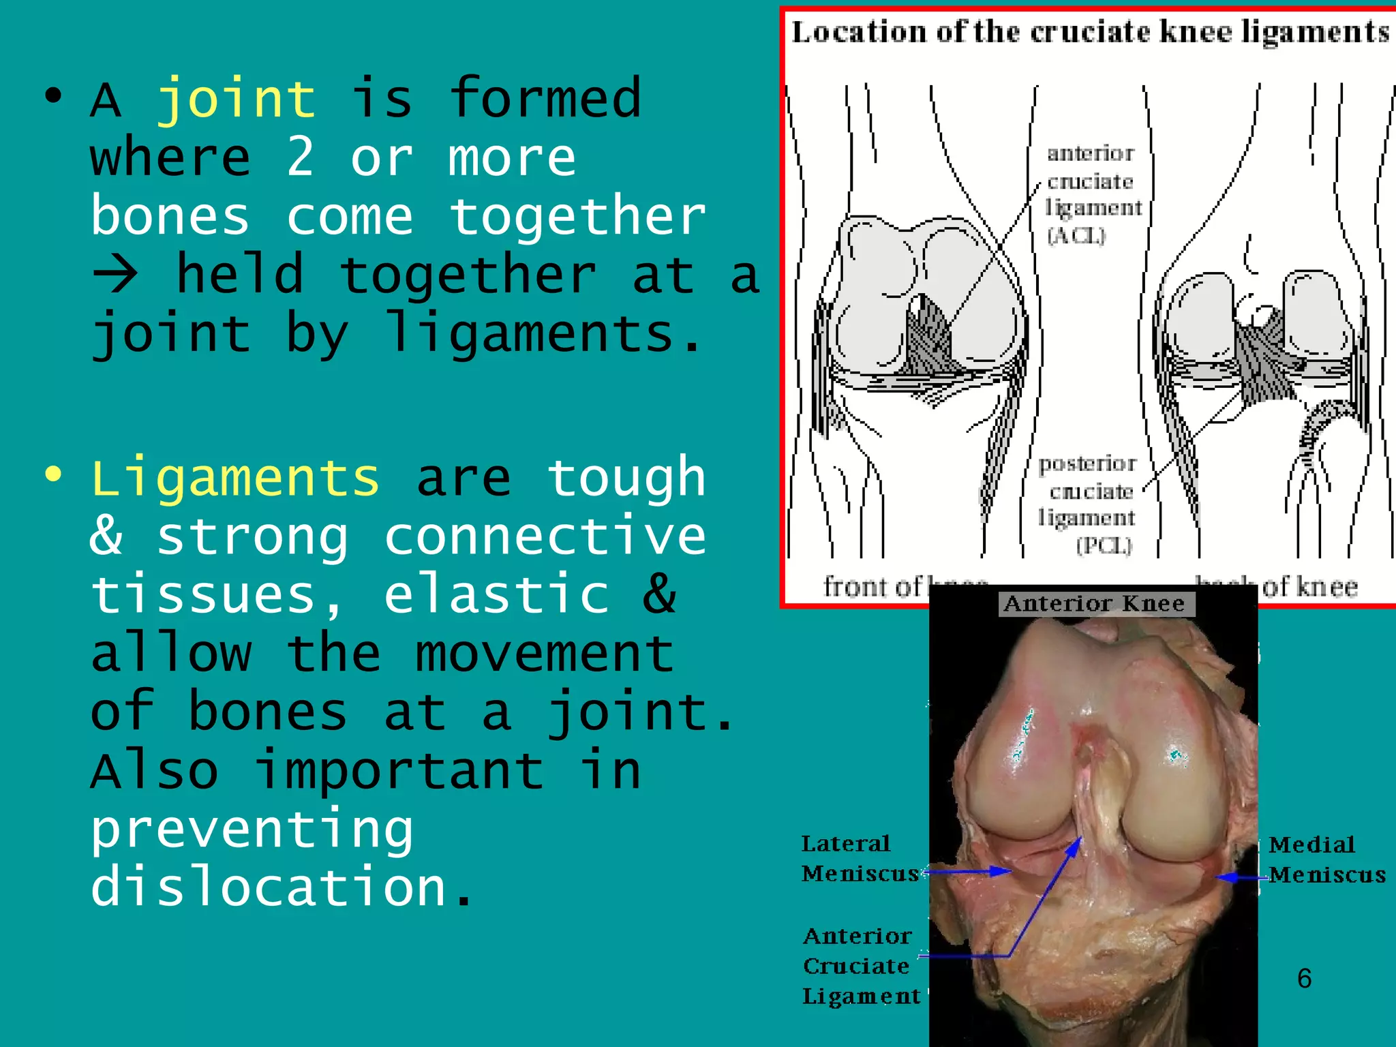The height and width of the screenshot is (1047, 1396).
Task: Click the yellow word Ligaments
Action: [235, 479]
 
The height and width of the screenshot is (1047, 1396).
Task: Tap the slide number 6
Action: [1303, 979]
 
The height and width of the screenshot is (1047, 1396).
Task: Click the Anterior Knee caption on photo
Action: [1095, 604]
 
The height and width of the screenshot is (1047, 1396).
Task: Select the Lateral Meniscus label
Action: [859, 859]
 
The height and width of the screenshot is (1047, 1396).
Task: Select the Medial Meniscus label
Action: [1326, 860]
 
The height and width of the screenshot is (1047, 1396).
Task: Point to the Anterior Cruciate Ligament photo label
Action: [860, 966]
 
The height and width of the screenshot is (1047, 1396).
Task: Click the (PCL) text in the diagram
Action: [1104, 546]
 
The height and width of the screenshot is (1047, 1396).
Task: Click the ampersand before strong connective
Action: [106, 536]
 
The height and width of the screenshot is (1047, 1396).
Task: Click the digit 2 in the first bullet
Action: [301, 157]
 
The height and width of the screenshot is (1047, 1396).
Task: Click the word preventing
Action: [252, 830]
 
